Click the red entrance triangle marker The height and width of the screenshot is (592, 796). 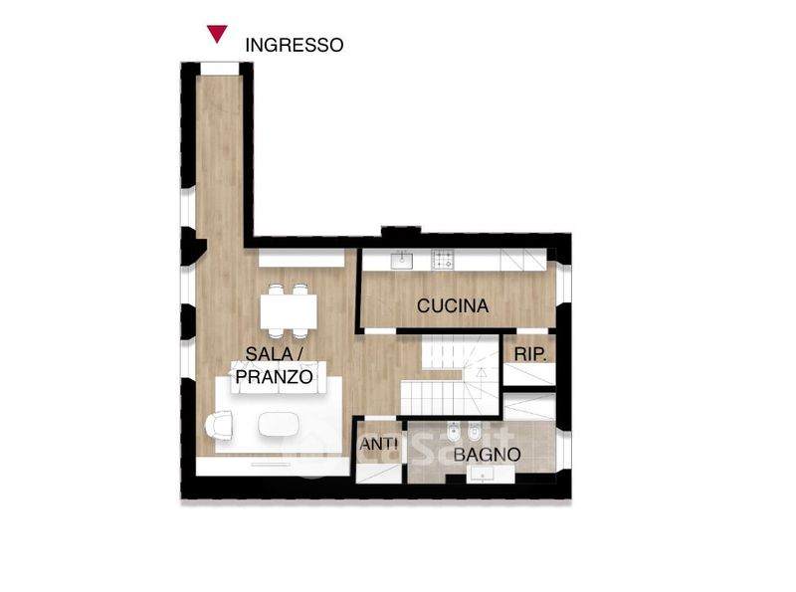click(217, 33)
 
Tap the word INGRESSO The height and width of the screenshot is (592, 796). click(295, 45)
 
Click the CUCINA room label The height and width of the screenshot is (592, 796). click(453, 305)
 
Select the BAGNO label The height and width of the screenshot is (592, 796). click(487, 455)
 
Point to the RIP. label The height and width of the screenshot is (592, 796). click(530, 354)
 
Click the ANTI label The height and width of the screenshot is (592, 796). click(379, 445)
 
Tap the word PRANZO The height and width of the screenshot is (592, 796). click(275, 377)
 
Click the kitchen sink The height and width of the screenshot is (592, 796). click(402, 261)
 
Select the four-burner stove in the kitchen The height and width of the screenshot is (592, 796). click(443, 260)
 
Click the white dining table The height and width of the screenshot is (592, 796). click(289, 311)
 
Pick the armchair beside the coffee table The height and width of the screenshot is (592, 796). click(219, 425)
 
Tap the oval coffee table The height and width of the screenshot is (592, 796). click(279, 424)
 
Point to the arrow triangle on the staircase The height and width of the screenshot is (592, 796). click(482, 373)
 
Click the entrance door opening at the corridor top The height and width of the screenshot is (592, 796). click(219, 68)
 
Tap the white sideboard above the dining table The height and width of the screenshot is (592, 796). click(301, 258)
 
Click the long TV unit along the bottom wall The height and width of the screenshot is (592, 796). click(273, 467)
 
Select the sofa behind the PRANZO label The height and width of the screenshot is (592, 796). click(279, 377)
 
